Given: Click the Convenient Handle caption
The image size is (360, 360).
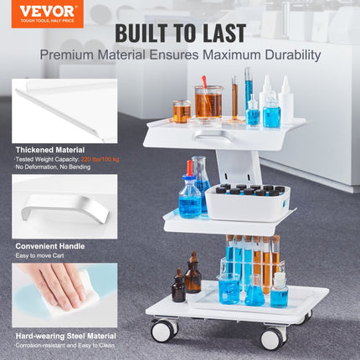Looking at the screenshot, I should coord(46,246).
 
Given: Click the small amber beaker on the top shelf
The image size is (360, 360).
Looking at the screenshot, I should coord(182,111).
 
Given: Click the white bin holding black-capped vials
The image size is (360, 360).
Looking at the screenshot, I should coord(247,203).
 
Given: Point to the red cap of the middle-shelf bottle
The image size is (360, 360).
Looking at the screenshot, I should coord(190,167).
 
